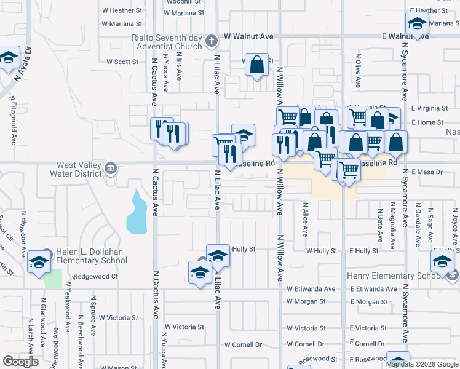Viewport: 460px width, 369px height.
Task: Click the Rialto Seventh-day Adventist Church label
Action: pyautogui.click(x=166, y=41)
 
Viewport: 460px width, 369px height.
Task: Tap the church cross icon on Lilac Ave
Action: pyautogui.click(x=211, y=42)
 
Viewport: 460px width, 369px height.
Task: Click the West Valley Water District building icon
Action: pyautogui.click(x=111, y=168)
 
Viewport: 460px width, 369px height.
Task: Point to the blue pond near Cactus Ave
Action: pyautogui.click(x=137, y=213)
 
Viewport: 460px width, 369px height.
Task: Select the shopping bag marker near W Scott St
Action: pyautogui.click(x=257, y=64)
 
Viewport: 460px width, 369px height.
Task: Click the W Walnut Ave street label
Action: pyautogui.click(x=248, y=37)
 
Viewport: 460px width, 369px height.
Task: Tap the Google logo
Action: pyautogui.click(x=20, y=362)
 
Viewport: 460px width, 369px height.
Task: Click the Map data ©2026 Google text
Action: pyautogui.click(x=422, y=364)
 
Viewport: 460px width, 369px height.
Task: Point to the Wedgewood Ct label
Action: pyautogui.click(x=95, y=277)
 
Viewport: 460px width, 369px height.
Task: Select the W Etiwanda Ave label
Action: pyautogui.click(x=311, y=288)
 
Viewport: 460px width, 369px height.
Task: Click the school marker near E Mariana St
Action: pyautogui.click(x=417, y=25)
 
